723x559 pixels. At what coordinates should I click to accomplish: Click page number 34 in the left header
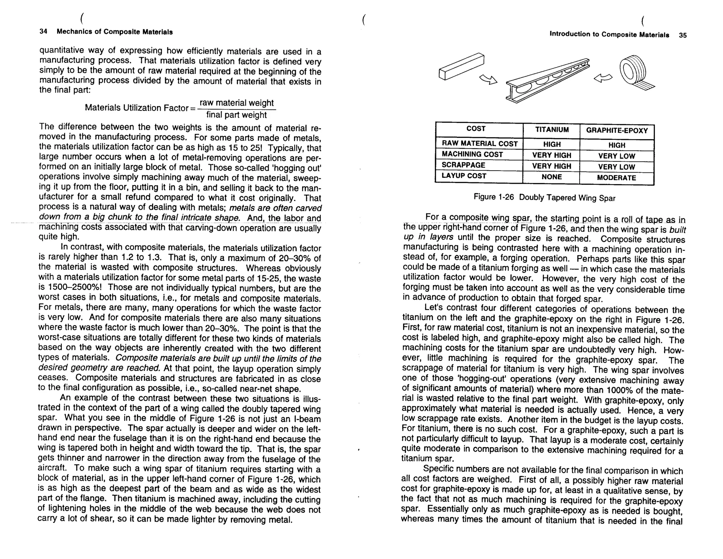tap(43, 31)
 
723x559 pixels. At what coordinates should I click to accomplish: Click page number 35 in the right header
tap(682, 35)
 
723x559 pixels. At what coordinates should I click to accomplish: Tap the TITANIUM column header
tap(552, 130)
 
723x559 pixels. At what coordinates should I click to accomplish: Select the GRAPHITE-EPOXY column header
tap(617, 130)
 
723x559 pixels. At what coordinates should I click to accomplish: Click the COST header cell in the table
tap(476, 129)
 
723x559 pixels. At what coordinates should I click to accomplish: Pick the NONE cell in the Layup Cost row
tap(551, 177)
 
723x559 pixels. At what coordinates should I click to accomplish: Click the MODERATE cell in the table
tap(616, 178)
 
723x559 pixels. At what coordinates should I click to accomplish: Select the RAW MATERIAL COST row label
tap(480, 143)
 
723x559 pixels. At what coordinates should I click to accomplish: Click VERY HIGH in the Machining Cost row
tap(551, 155)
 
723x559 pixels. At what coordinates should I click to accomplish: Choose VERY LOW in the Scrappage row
tap(616, 167)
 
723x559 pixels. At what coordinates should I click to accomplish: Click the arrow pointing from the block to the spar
tap(488, 80)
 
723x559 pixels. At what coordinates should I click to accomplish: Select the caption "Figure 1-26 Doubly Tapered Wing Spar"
tap(544, 198)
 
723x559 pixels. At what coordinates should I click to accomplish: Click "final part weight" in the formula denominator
tap(237, 115)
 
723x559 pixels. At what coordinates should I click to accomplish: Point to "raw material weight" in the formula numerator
tap(237, 103)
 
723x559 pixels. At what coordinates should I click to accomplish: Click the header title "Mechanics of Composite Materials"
tap(115, 32)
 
